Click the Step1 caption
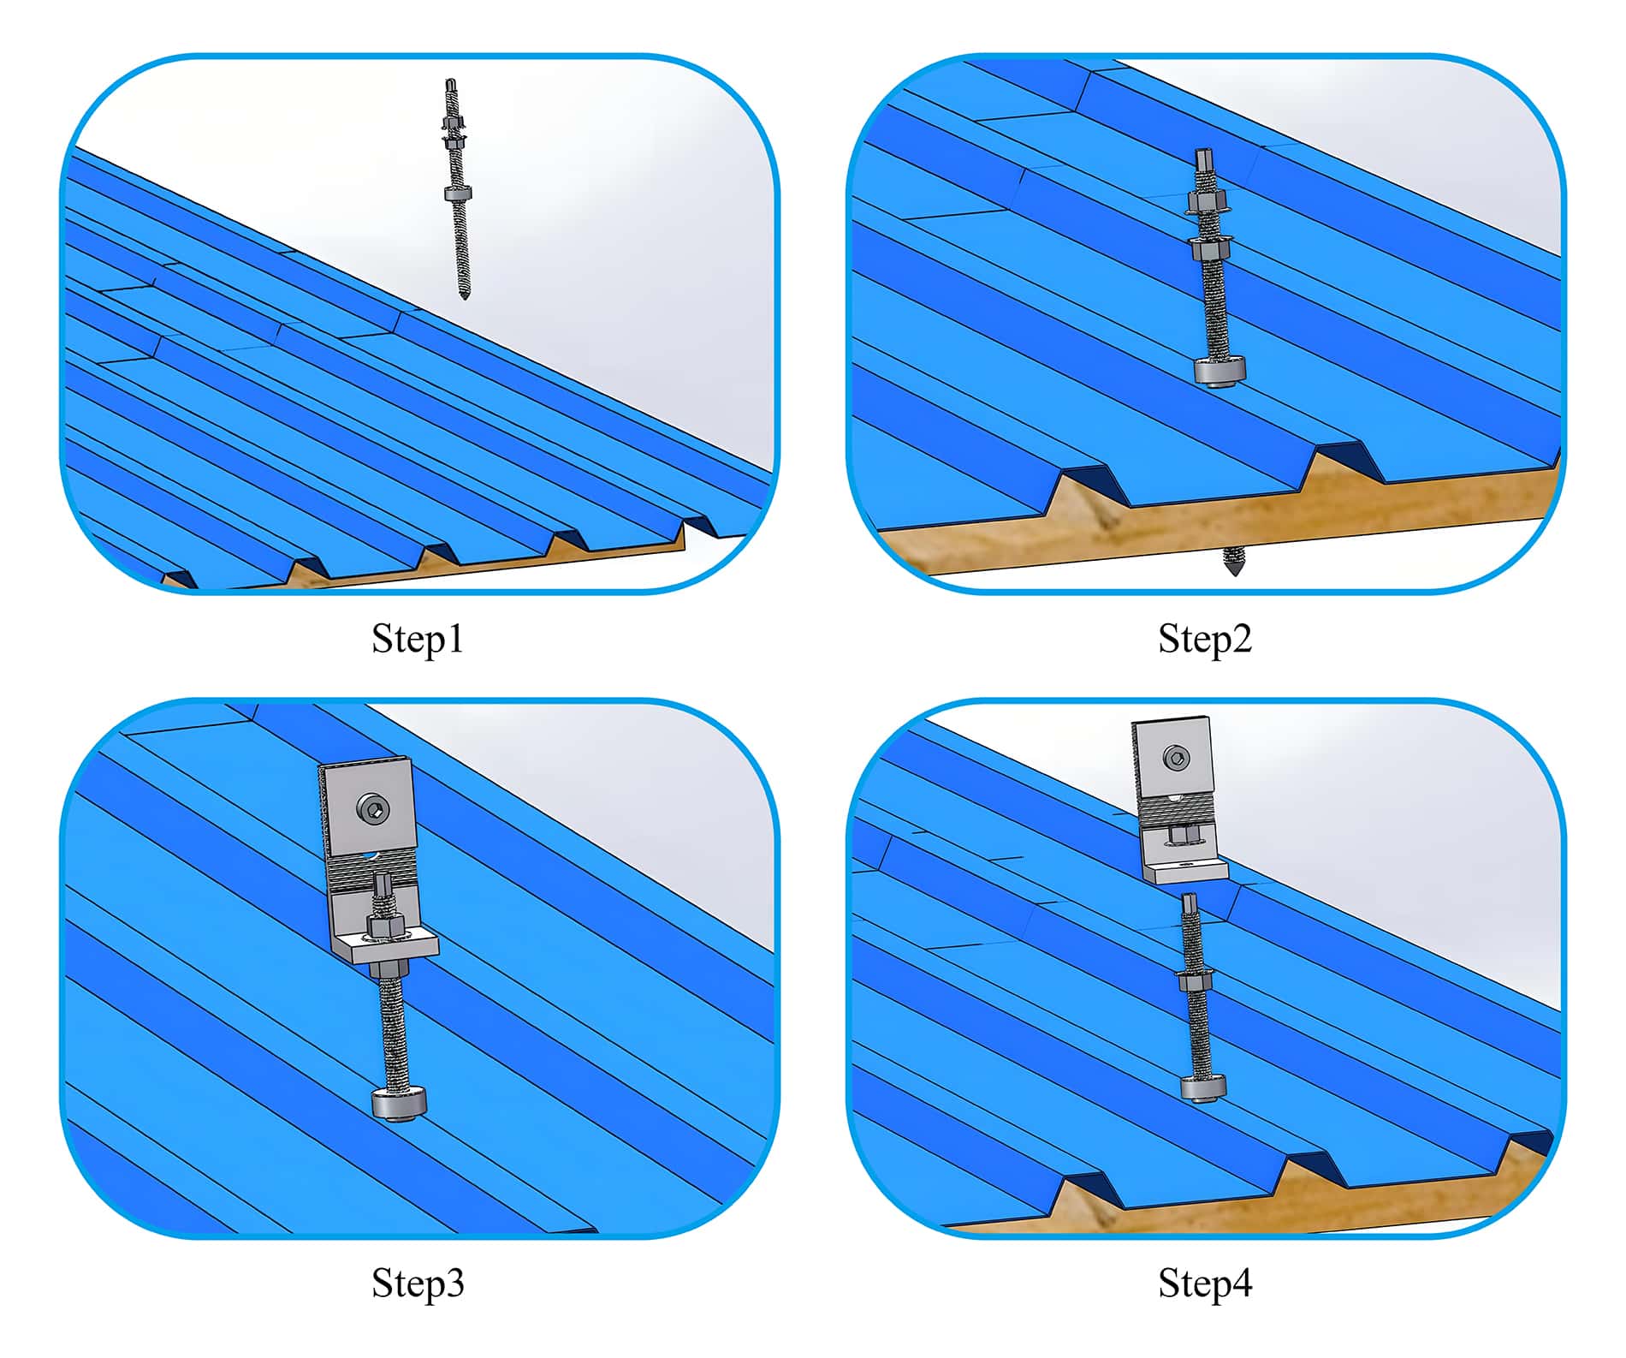[418, 639]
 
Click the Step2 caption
[1205, 639]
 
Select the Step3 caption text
[418, 1283]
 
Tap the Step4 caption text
[1205, 1283]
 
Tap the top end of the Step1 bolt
[450, 81]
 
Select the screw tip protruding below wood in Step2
[1234, 562]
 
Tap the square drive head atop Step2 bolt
[1205, 159]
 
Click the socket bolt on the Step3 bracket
[373, 807]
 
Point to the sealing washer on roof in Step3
[399, 1103]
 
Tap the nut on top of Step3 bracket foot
[380, 926]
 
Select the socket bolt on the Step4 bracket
[1176, 759]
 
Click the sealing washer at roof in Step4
[1203, 1088]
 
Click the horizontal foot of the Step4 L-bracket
[1186, 871]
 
